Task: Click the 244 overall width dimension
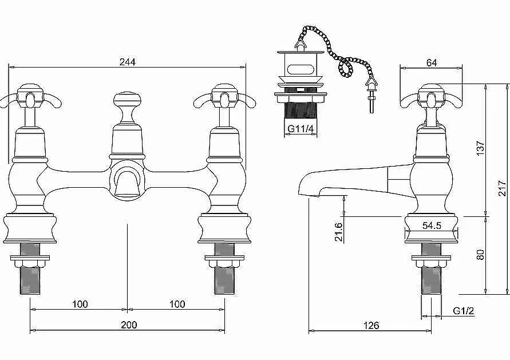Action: tap(128, 62)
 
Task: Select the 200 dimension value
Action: tap(129, 325)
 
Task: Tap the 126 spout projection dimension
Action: tap(371, 325)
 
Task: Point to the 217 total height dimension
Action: tap(503, 188)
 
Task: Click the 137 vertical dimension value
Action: tap(481, 148)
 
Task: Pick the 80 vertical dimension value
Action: tap(480, 254)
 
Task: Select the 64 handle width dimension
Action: tap(432, 62)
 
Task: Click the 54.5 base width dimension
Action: tap(432, 226)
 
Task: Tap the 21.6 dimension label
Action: tap(339, 232)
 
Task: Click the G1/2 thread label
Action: tap(464, 311)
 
